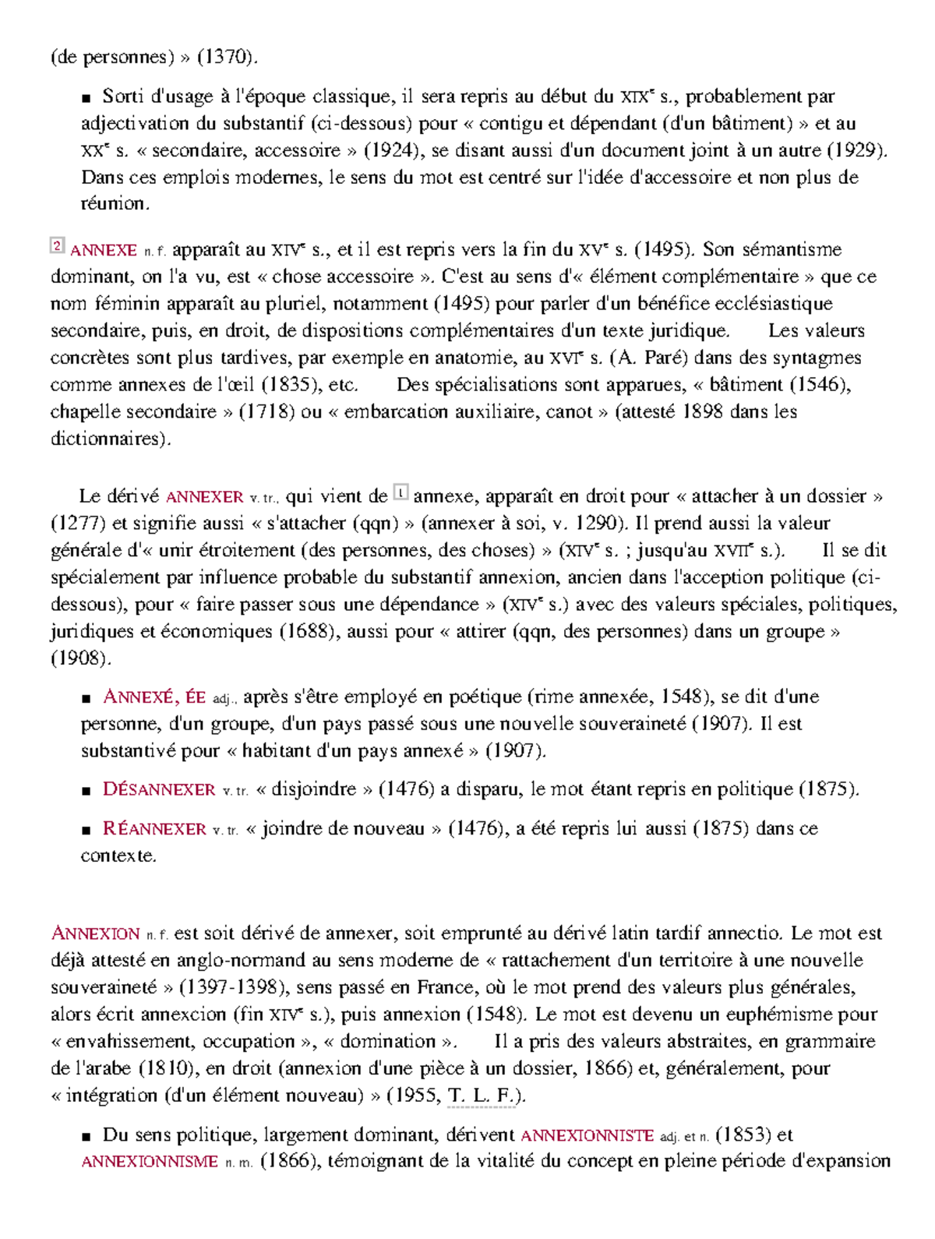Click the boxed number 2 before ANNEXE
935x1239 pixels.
57,246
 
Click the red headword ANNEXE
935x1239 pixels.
104,251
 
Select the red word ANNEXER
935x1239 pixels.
204,497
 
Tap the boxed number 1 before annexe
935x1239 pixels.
400,492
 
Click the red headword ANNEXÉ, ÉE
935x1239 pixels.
154,697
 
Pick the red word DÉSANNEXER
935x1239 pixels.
159,790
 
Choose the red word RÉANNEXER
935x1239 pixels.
154,829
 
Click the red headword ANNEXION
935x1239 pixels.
95,934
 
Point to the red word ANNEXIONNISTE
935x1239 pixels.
587,1136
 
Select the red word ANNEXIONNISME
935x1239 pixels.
150,1162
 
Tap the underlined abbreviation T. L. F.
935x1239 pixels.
481,1096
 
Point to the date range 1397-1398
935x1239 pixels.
231,988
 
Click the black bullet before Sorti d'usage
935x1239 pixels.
86,98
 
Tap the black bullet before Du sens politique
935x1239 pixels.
86,1137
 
